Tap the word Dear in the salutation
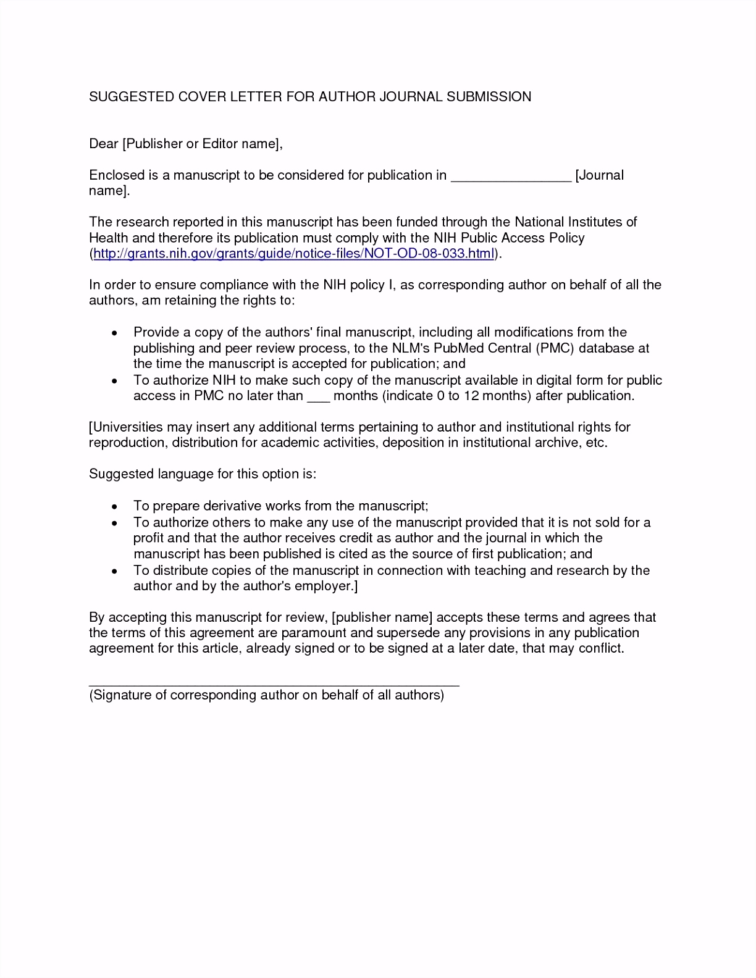[103, 144]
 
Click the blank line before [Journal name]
[511, 180]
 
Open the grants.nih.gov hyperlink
[294, 254]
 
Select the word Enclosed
[116, 175]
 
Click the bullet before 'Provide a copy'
[114, 333]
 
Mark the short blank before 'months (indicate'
[318, 400]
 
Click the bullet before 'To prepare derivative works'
[114, 507]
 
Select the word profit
[148, 538]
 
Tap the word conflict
[601, 648]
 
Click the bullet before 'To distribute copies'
[114, 571]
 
